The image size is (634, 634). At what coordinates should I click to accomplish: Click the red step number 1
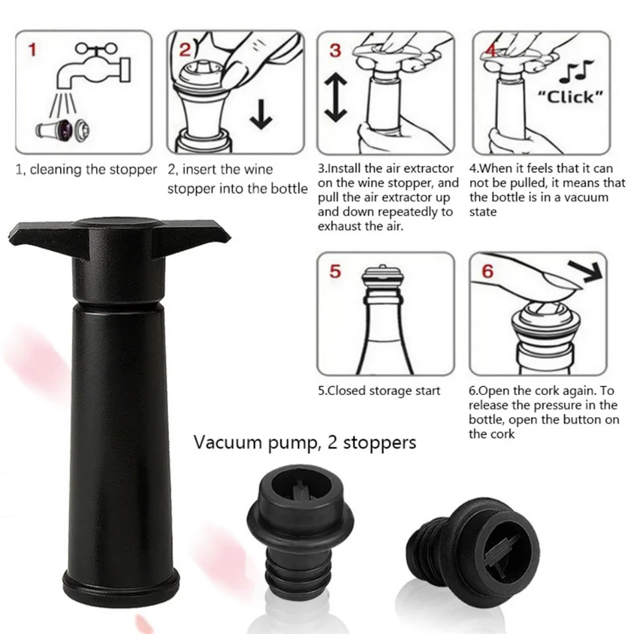pos(32,50)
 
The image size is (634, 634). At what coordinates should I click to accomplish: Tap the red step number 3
pos(335,51)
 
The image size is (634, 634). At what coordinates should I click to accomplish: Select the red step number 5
pos(335,271)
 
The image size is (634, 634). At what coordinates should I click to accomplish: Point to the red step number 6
pos(488,271)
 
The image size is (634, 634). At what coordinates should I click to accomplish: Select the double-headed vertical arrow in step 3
pos(335,98)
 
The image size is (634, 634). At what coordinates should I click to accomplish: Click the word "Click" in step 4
pos(570,97)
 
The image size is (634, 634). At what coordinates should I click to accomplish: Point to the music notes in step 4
pos(576,71)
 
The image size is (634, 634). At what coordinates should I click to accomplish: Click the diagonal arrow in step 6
pos(585,271)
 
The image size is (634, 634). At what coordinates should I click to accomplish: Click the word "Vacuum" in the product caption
pos(228,442)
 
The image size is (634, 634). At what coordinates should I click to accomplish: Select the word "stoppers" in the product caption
pos(379,443)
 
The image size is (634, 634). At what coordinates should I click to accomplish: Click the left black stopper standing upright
pos(300,534)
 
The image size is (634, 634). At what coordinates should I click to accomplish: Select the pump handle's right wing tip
pos(229,238)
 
